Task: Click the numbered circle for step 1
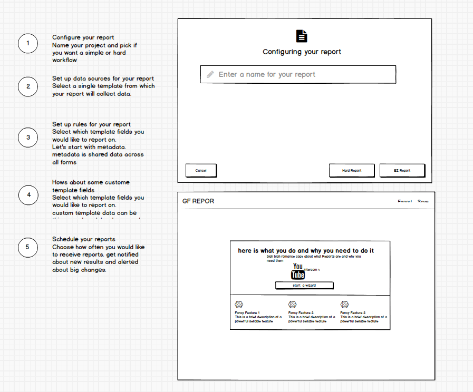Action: pos(28,43)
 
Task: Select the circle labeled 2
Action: pos(28,86)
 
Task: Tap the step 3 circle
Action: pos(28,138)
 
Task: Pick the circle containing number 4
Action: pos(28,195)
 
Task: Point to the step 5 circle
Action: pos(28,247)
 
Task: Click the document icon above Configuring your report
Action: pos(302,36)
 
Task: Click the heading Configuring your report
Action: pos(302,52)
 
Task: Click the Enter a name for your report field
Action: pos(298,74)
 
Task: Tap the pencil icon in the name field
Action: pos(210,74)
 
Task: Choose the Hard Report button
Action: pos(352,170)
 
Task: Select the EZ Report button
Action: pos(402,170)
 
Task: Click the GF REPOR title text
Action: pos(198,201)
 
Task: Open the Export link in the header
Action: pos(405,202)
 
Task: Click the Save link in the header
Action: pos(423,202)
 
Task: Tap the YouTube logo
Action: pos(298,271)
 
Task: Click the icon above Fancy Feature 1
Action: pos(239,305)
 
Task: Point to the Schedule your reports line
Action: pos(83,239)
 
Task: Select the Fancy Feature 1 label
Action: pos(247,313)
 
